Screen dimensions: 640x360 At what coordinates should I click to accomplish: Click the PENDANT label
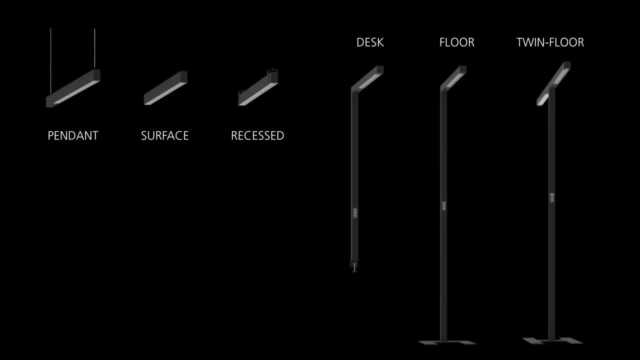pos(73,135)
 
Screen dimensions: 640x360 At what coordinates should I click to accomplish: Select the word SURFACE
pos(164,135)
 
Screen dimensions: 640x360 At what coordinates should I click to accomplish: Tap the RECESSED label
pos(257,135)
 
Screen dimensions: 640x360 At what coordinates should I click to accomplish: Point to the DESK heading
pos(370,42)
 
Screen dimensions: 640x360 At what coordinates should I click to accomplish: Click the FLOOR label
pos(456,42)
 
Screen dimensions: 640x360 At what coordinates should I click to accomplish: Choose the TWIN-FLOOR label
pos(550,42)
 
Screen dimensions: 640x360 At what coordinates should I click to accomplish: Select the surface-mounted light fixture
pos(165,88)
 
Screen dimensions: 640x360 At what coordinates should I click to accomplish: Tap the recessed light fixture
pos(258,88)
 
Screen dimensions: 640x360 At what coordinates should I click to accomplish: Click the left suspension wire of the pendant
pos(51,60)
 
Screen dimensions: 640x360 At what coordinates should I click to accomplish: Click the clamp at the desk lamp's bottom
pos(354,266)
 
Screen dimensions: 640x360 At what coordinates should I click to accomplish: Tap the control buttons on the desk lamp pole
pos(355,212)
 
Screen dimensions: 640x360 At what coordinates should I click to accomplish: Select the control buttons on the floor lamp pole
pos(444,205)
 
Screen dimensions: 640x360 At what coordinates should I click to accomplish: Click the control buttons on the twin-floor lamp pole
pos(552,197)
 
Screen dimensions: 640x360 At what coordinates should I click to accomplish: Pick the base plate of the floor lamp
pos(447,342)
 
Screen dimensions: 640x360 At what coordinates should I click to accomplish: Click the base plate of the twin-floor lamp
pos(553,340)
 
